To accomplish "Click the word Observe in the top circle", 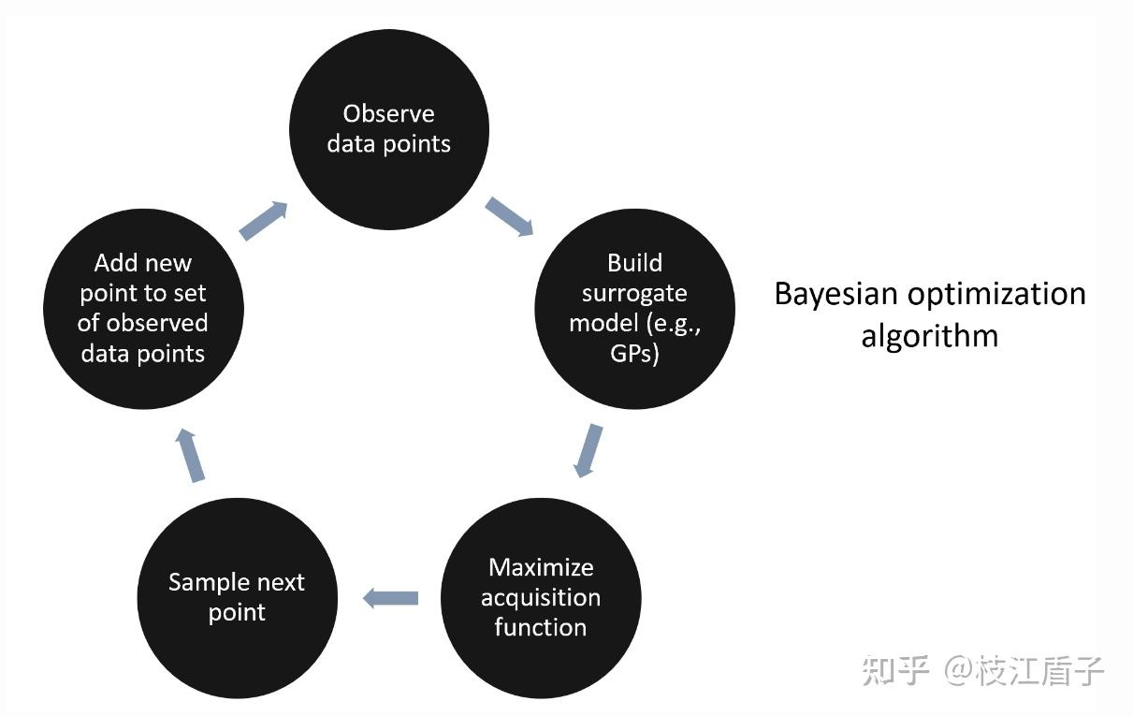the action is pos(388,113).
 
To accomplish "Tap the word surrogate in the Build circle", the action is pos(634,295).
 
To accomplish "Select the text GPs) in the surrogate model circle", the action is pos(634,354).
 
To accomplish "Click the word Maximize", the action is pos(541,567).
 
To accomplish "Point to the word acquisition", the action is pos(541,598).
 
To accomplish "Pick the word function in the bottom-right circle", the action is pos(541,627).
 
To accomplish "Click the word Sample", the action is pos(206,583).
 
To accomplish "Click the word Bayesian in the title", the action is pos(835,295).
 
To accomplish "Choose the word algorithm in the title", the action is pos(930,337).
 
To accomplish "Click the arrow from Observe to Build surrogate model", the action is pos(509,216).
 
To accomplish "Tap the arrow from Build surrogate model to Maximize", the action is pos(588,450).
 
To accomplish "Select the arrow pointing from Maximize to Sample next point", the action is pos(390,598).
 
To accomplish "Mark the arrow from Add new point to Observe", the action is pos(263,221).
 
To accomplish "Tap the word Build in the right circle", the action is pos(634,263).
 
